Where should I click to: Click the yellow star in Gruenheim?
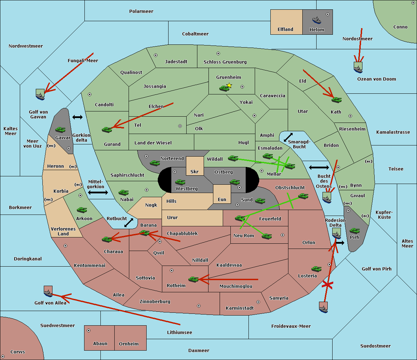click(229, 85)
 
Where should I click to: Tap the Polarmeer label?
click(141, 11)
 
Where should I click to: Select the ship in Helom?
click(317, 20)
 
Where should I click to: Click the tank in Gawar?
click(60, 129)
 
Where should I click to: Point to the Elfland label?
click(285, 30)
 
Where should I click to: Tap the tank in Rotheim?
click(193, 279)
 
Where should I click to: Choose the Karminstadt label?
click(240, 308)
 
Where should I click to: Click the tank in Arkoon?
click(82, 210)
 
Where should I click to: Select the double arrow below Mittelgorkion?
click(98, 192)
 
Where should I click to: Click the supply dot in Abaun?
click(89, 330)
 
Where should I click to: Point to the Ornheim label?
click(129, 344)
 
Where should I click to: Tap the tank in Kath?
click(336, 100)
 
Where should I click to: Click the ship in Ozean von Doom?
click(358, 68)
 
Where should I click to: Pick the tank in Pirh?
click(354, 231)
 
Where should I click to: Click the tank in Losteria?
click(316, 269)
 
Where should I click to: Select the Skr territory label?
click(195, 172)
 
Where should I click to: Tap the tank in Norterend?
click(155, 163)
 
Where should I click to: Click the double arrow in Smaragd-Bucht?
click(288, 137)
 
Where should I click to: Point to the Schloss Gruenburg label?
click(225, 62)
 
